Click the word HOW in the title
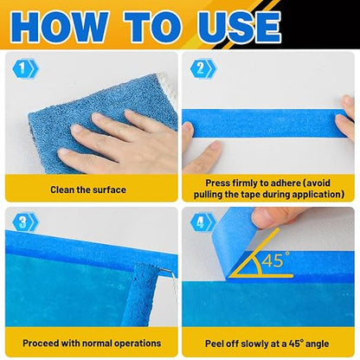[59, 27]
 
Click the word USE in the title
[239, 27]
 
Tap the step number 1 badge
[25, 68]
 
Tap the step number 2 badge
[202, 68]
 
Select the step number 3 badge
[25, 222]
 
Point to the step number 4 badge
[202, 222]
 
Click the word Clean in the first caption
[61, 190]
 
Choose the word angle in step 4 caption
[317, 344]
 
